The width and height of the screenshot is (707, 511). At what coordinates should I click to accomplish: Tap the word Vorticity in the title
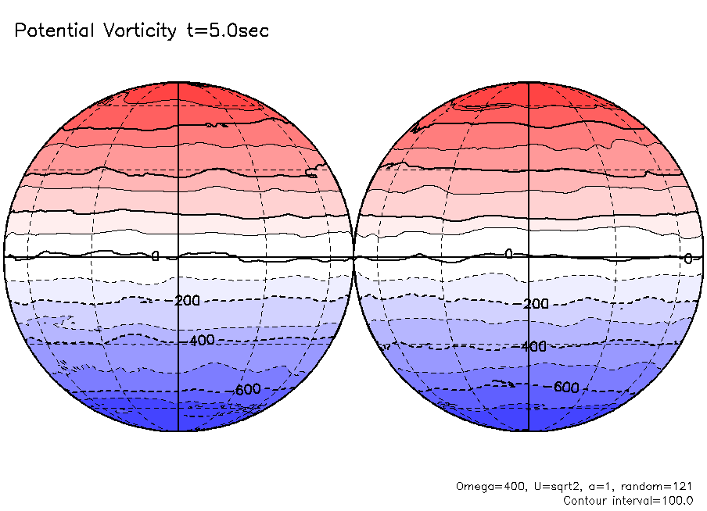(140, 31)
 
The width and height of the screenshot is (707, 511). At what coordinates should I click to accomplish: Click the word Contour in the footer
(586, 500)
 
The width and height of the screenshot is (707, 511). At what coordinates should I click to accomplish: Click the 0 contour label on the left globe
(155, 256)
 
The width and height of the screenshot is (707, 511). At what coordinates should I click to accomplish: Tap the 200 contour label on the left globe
(187, 301)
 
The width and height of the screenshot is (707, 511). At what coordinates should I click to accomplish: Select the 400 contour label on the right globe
(533, 346)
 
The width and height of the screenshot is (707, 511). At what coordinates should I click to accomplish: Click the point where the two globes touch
(353, 256)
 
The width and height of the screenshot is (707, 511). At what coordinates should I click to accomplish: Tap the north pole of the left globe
(179, 82)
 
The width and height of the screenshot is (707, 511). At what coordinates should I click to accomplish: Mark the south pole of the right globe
(529, 431)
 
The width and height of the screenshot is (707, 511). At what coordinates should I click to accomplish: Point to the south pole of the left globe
(179, 431)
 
